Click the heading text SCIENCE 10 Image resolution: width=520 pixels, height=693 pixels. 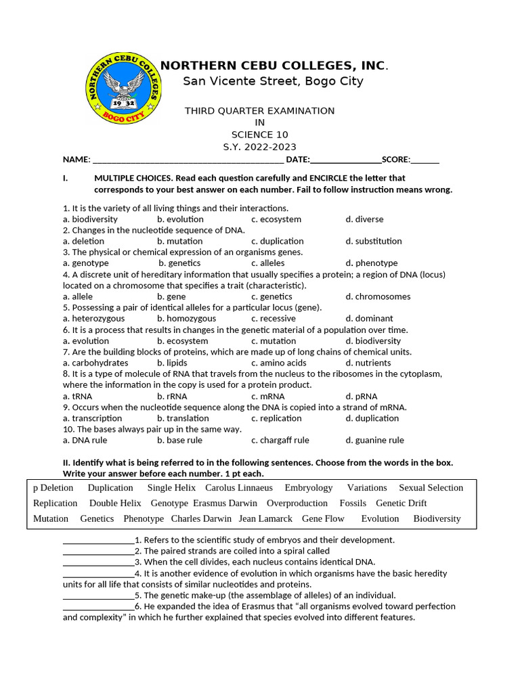[x=260, y=135]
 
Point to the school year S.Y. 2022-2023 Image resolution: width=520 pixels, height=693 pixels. [x=260, y=147]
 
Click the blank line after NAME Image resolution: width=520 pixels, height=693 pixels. [x=188, y=160]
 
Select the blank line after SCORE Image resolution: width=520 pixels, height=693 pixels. [x=425, y=160]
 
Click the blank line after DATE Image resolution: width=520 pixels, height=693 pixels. [x=345, y=160]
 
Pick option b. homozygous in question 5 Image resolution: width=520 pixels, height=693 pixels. [x=187, y=319]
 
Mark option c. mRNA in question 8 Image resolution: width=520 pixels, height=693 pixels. [x=268, y=397]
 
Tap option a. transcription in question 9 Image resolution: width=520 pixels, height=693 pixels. [x=93, y=418]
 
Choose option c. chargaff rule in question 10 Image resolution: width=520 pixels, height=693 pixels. [x=280, y=441]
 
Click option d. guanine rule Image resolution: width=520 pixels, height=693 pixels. [x=374, y=441]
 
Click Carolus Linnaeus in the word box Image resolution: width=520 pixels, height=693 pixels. [x=239, y=488]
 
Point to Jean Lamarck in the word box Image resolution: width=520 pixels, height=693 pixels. [x=265, y=519]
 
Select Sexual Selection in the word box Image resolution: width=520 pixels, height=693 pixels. [x=431, y=488]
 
